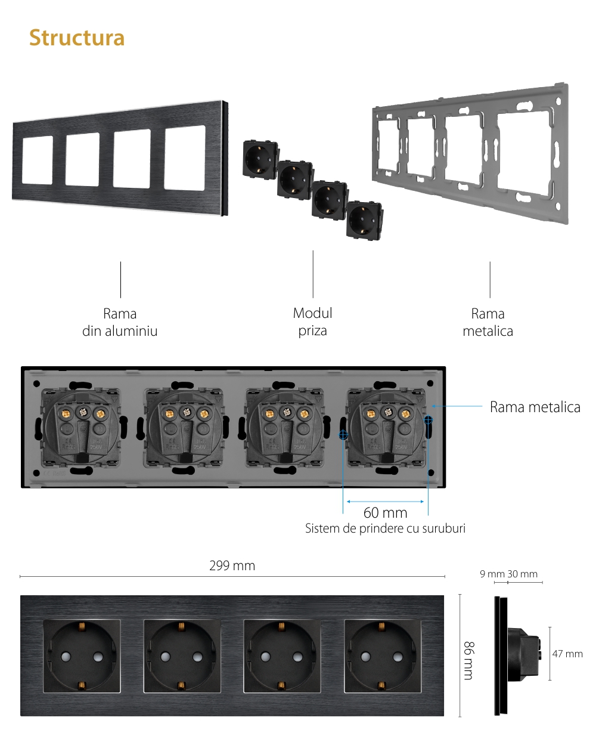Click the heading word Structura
77,38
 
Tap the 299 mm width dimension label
232,565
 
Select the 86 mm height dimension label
469,660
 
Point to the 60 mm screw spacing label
385,512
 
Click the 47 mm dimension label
567,654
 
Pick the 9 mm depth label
492,574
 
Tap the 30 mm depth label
523,574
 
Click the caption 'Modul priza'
313,321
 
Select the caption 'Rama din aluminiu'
120,322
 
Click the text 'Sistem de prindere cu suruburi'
385,528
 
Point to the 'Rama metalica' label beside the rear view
535,407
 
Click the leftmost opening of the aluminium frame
38,160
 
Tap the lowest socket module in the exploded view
364,221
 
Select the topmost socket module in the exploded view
260,159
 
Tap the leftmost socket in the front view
82,656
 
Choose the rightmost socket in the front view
383,656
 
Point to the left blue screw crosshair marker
343,435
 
